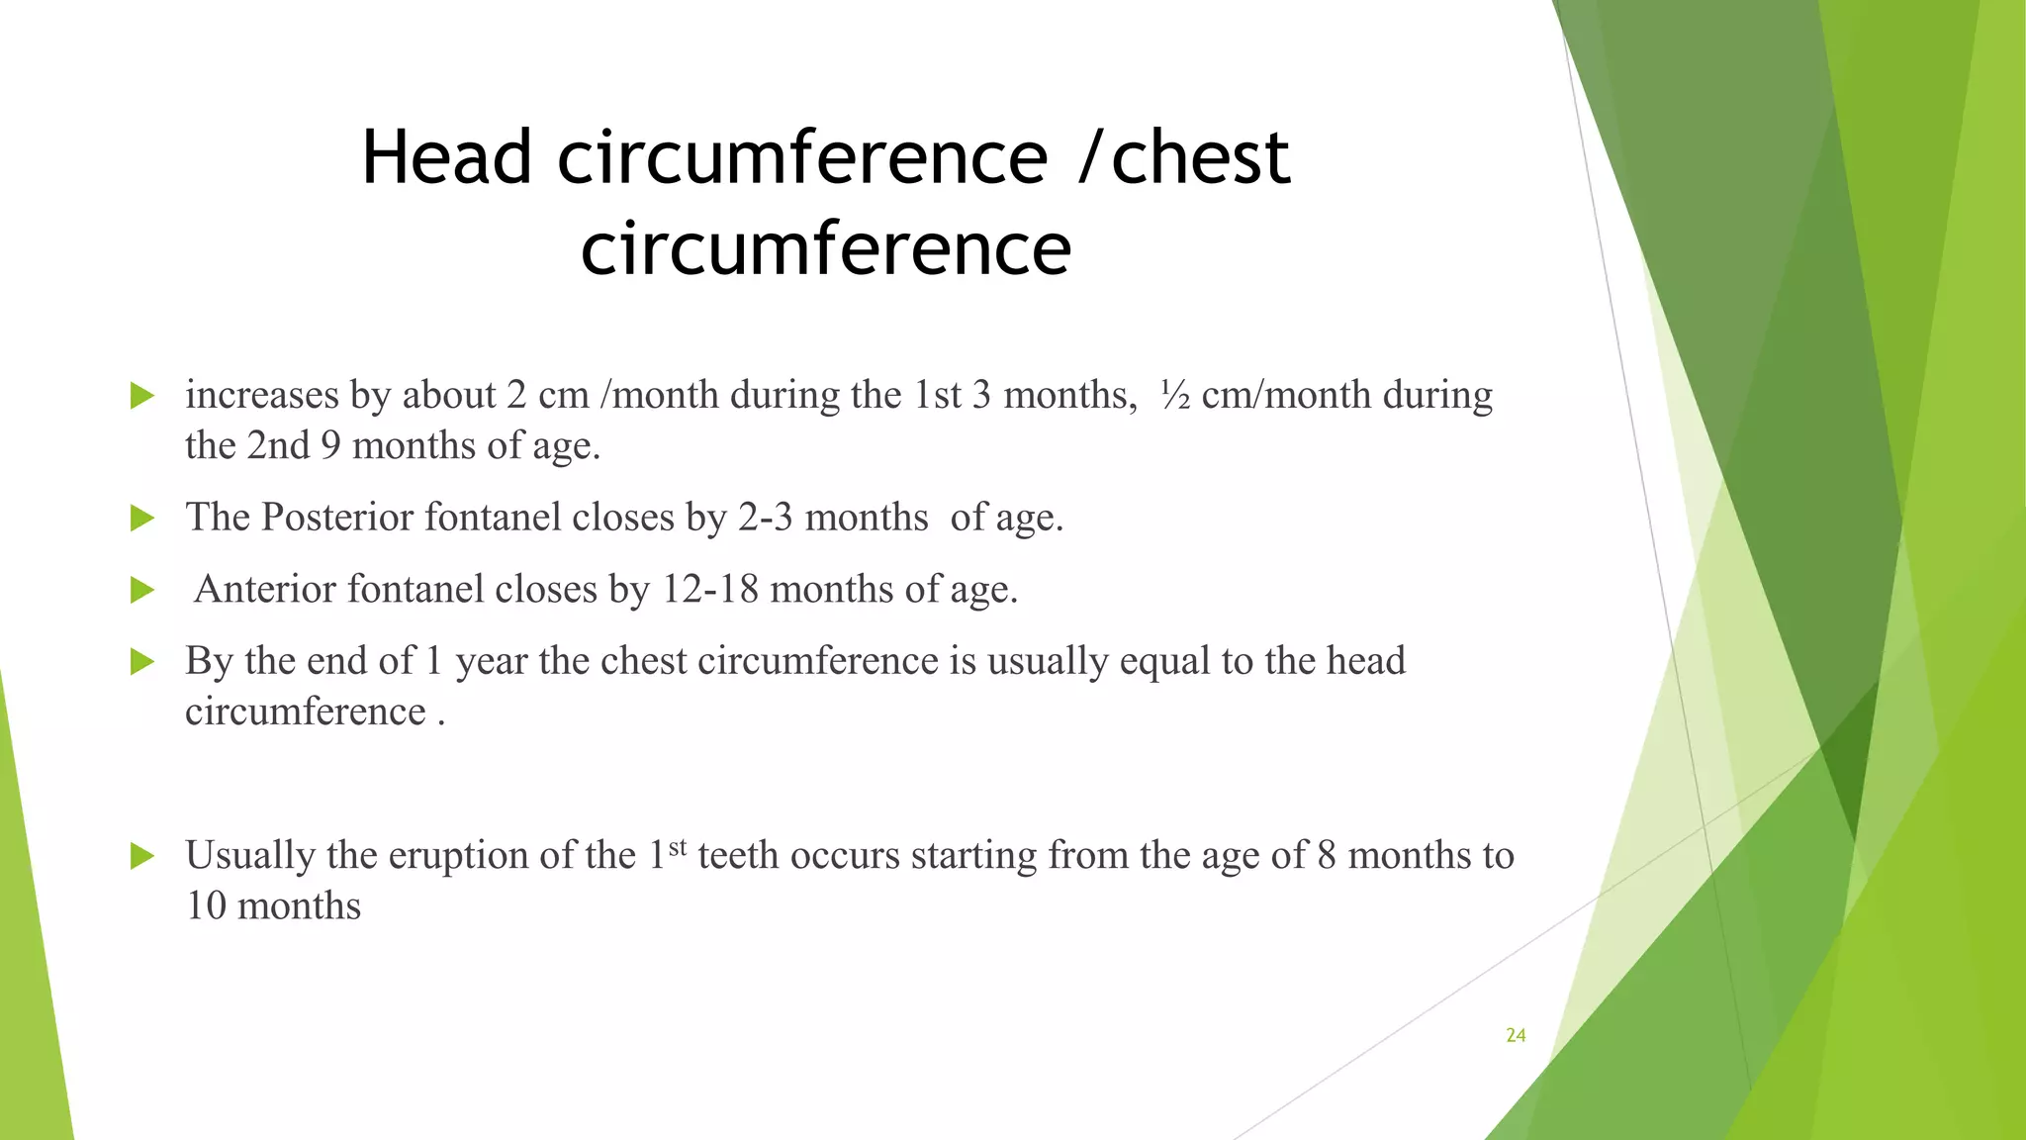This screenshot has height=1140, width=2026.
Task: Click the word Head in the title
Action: (x=446, y=158)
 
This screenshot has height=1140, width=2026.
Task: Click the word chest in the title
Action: (x=1200, y=158)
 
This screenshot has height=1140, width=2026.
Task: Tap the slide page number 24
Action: (x=1516, y=1035)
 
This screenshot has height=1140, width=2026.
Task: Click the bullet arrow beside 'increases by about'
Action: (x=142, y=397)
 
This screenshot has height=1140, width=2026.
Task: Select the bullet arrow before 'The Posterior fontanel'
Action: (x=142, y=519)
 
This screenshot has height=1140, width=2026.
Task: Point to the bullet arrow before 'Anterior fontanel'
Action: (x=142, y=591)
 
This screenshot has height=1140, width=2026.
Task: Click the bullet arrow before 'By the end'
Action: (x=142, y=662)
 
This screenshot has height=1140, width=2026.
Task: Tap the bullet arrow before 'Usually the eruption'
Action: (x=142, y=856)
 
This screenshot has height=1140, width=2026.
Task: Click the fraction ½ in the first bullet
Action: (x=1174, y=395)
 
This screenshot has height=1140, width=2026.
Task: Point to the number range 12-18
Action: (x=709, y=589)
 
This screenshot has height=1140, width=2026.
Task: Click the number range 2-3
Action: (x=765, y=518)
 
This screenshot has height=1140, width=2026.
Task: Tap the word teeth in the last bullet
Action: (x=738, y=855)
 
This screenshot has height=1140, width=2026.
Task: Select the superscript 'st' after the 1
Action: (x=678, y=847)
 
